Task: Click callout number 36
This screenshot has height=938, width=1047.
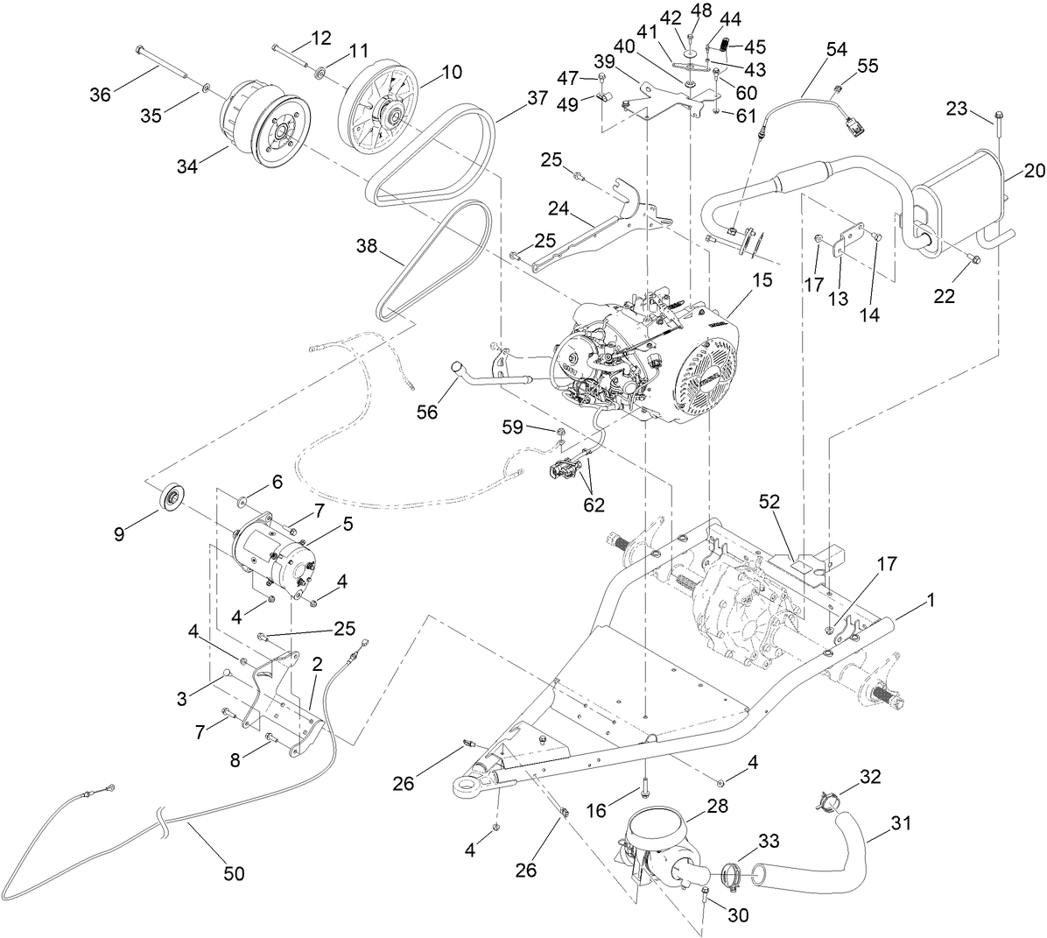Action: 100,94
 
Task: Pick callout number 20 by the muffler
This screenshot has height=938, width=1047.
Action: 1034,172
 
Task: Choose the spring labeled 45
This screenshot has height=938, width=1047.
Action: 727,45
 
